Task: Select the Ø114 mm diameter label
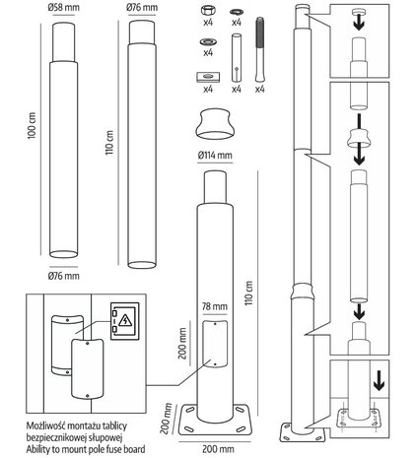(x=214, y=155)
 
